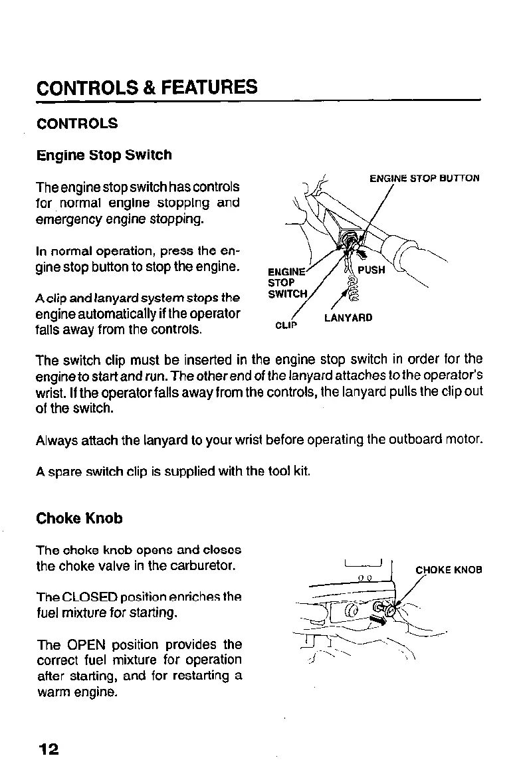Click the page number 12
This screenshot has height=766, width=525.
pyautogui.click(x=49, y=749)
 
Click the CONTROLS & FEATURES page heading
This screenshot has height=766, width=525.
pyautogui.click(x=147, y=88)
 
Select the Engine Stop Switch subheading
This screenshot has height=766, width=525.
pyautogui.click(x=104, y=155)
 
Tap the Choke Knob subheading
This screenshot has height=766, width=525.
pyautogui.click(x=80, y=518)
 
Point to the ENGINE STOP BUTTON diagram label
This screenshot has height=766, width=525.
pyautogui.click(x=424, y=178)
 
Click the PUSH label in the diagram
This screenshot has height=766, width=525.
pyautogui.click(x=371, y=271)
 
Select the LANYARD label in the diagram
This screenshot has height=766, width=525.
pyautogui.click(x=348, y=318)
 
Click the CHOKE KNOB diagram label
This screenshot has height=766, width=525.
pyautogui.click(x=449, y=569)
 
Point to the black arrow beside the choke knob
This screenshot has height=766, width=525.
pyautogui.click(x=377, y=620)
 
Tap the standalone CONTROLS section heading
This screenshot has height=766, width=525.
pyautogui.click(x=78, y=124)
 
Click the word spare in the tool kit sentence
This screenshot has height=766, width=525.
pyautogui.click(x=64, y=473)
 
